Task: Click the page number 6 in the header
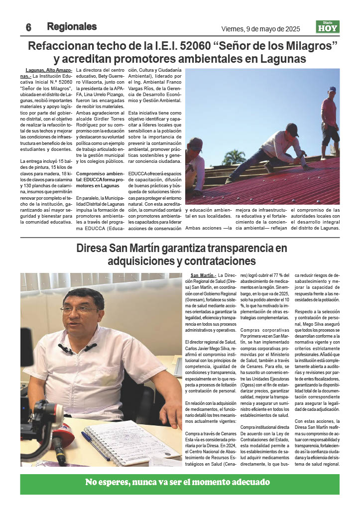pyautogui.click(x=29, y=27)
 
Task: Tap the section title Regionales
pyautogui.click(x=72, y=26)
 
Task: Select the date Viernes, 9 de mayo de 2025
pyautogui.click(x=261, y=28)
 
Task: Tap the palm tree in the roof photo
pyautogui.click(x=234, y=157)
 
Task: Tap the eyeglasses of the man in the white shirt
pyautogui.click(x=79, y=309)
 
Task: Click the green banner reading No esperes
pyautogui.click(x=180, y=482)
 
